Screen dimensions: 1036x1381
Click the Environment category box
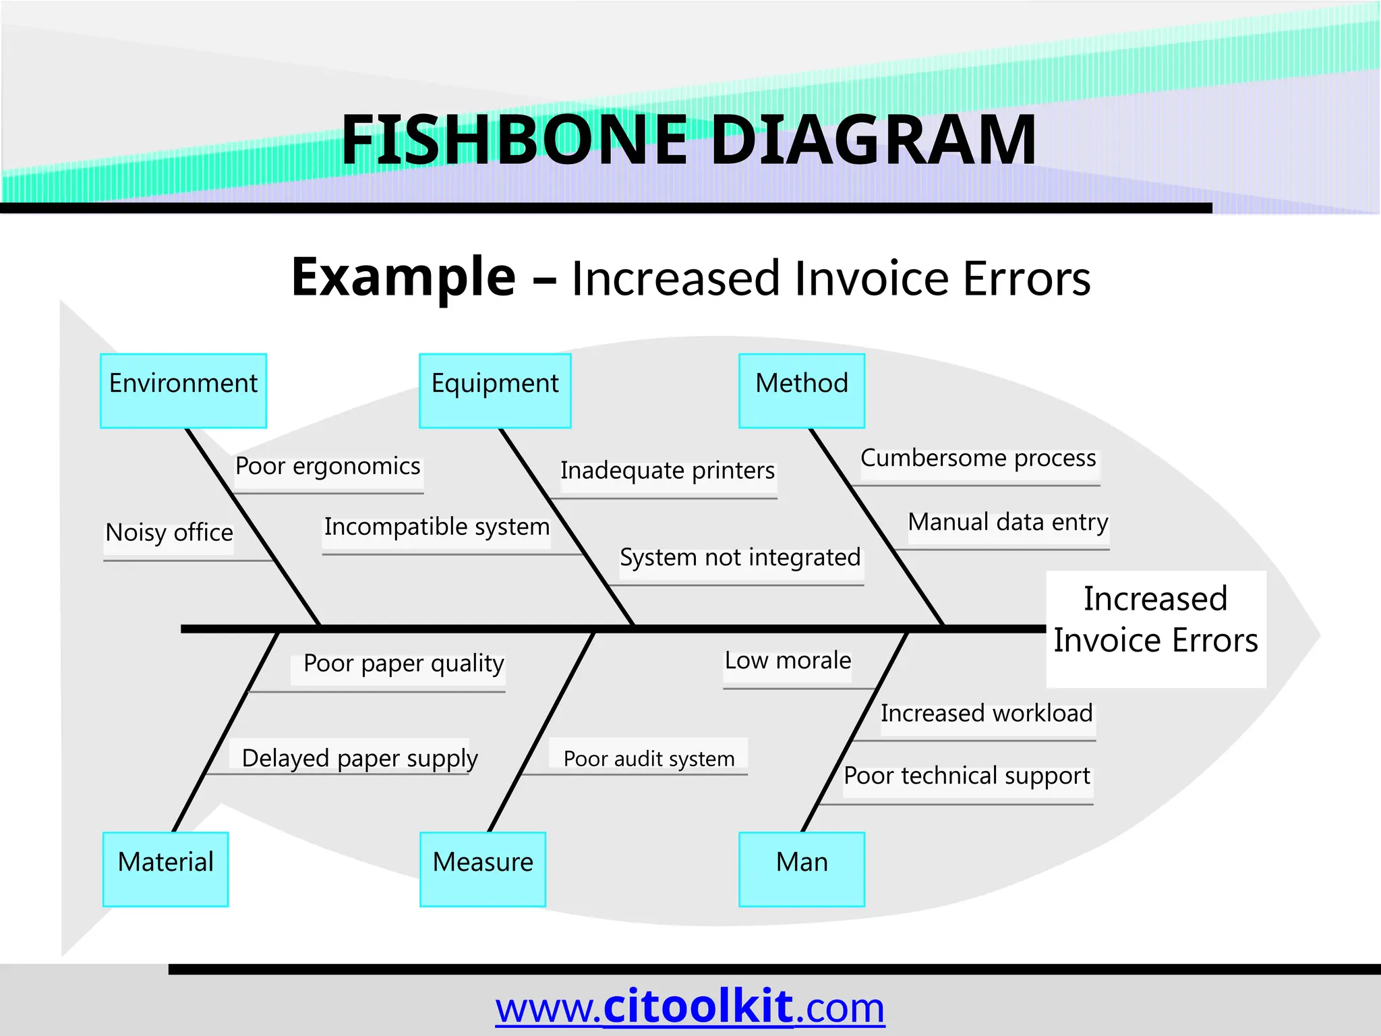[x=183, y=391]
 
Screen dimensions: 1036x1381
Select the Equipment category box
[x=495, y=391]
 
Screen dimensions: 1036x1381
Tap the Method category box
[x=802, y=391]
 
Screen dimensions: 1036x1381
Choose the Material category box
[x=166, y=869]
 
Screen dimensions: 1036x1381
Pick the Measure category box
[x=483, y=869]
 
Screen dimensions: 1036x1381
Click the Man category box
[x=802, y=869]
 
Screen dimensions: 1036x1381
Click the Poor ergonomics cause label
[x=328, y=467]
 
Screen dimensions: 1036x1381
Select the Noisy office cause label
[x=169, y=534]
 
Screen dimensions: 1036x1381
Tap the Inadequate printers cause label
[x=668, y=471]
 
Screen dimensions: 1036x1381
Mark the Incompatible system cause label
[x=437, y=527]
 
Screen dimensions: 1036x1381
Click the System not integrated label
[x=740, y=558]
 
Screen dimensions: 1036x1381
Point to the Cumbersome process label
[x=978, y=459]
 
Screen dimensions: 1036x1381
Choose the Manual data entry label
[x=1008, y=523]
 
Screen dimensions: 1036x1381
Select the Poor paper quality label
[x=403, y=664]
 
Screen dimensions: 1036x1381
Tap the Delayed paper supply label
[x=359, y=759]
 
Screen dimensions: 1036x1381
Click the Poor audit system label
[x=649, y=759]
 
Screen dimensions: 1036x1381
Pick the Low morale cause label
[x=788, y=661]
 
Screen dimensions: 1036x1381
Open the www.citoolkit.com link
[x=690, y=1007]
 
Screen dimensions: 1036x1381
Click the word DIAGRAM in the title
[x=874, y=140]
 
